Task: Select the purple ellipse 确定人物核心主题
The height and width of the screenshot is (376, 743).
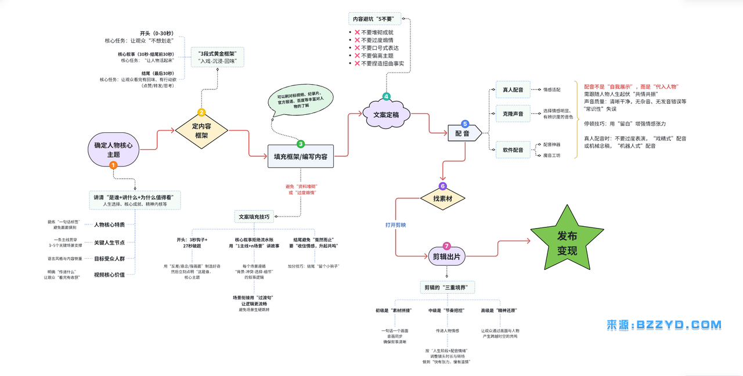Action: (113, 150)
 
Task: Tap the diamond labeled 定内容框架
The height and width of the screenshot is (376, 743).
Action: (201, 130)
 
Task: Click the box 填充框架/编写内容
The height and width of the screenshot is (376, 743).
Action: (300, 157)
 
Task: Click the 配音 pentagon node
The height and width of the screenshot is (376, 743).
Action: (463, 133)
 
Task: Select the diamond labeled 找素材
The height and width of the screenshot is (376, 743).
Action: (443, 198)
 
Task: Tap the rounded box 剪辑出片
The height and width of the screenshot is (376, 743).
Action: (448, 256)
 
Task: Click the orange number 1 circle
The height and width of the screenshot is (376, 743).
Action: (113, 165)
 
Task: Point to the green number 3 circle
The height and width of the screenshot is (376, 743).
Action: (301, 143)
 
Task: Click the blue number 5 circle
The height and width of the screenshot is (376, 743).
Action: (465, 124)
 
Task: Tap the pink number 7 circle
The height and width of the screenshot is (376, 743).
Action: (446, 245)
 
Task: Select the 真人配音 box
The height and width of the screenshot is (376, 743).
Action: (513, 90)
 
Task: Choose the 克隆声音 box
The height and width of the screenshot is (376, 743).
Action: (513, 114)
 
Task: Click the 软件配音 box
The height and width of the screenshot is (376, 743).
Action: (513, 150)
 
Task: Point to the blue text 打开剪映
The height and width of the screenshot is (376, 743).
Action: (395, 225)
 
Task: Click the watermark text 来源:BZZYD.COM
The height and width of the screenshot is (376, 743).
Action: (664, 325)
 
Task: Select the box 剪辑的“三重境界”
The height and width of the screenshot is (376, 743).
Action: (448, 288)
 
